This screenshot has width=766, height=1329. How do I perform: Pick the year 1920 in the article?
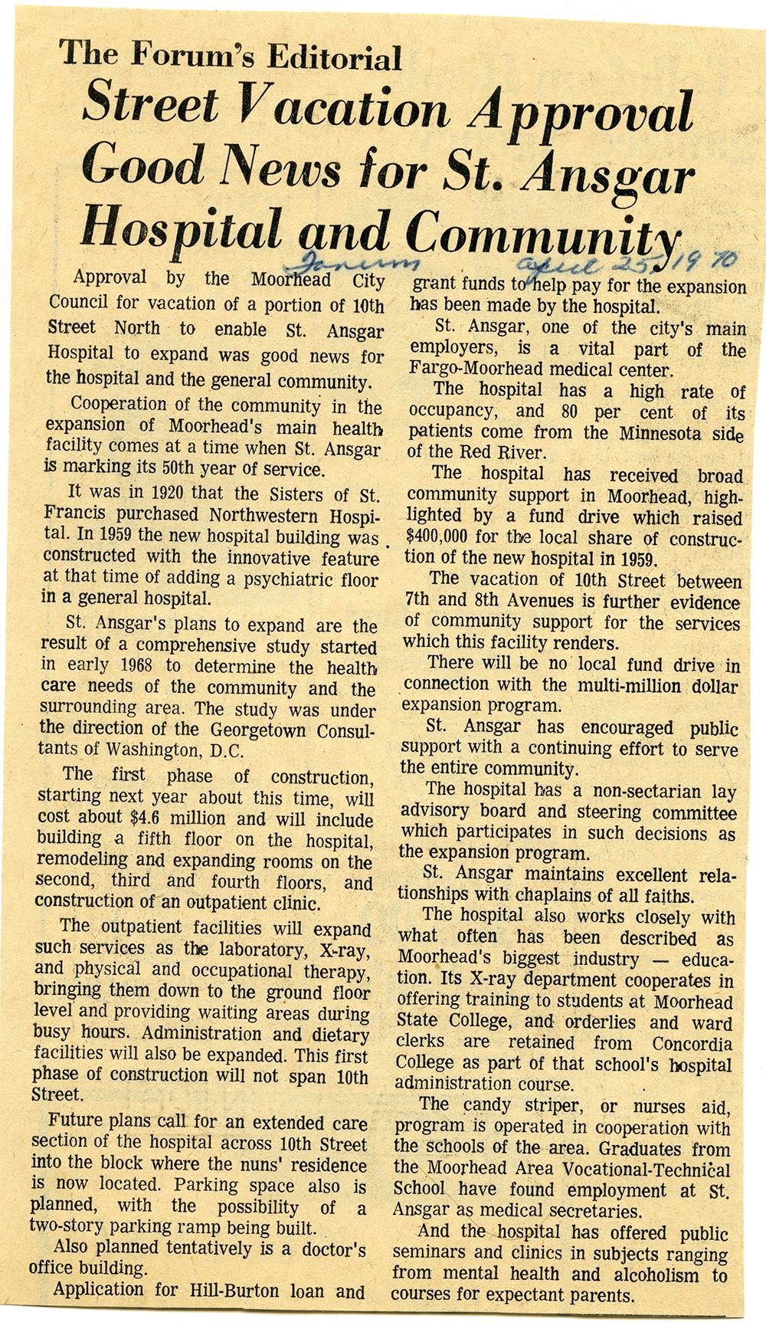coord(162,492)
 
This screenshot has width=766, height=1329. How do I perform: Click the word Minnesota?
coord(669,432)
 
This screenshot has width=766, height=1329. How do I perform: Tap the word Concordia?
coord(692,1043)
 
